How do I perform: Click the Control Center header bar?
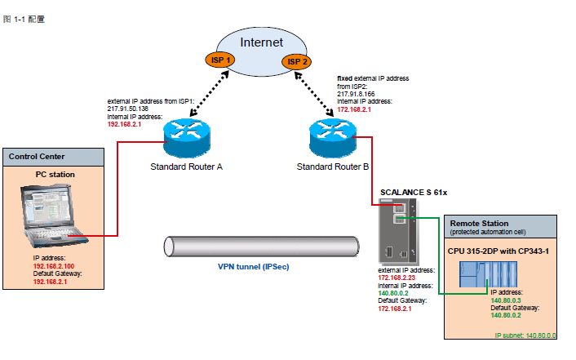(x=54, y=156)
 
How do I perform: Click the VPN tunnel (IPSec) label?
(x=254, y=266)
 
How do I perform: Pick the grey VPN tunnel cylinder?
(x=261, y=247)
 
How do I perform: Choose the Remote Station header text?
(x=479, y=223)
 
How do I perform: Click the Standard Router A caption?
(x=187, y=167)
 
